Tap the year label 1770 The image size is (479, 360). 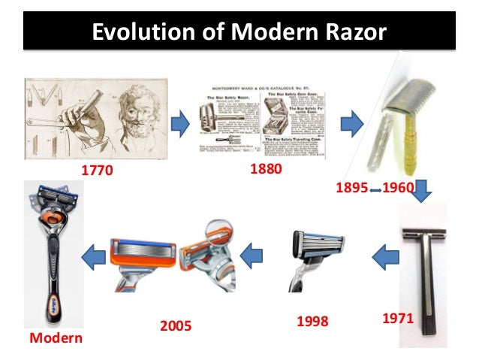96,170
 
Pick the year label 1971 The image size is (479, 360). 399,319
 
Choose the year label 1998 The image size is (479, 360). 312,322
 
